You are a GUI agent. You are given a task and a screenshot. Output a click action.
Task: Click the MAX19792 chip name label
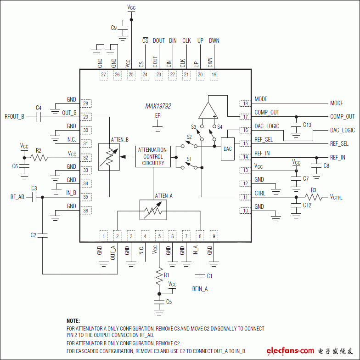click(x=158, y=106)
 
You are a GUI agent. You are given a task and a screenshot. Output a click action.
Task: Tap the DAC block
click(x=227, y=149)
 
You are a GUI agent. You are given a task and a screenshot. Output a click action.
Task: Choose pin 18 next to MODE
click(x=245, y=103)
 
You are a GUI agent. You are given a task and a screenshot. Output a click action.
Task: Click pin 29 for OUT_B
click(x=85, y=117)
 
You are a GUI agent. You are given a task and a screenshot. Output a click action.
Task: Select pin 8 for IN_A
click(x=200, y=236)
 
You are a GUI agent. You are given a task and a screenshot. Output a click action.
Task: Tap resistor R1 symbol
click(x=159, y=275)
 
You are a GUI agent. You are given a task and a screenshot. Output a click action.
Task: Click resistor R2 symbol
click(x=39, y=158)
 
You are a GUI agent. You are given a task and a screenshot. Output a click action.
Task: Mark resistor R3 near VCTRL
click(x=314, y=197)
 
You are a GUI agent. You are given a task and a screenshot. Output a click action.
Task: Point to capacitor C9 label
click(x=114, y=28)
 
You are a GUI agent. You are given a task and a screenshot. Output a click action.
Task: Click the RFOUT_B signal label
click(x=14, y=117)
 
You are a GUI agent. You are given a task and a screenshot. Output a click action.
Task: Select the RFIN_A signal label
click(x=200, y=289)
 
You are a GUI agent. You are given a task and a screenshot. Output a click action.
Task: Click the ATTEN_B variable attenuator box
click(x=109, y=157)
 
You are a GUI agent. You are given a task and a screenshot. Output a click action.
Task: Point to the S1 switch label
click(x=189, y=159)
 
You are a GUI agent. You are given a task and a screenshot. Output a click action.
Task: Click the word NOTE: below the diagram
click(x=73, y=320)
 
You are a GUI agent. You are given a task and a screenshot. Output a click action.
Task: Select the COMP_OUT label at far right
click(x=342, y=117)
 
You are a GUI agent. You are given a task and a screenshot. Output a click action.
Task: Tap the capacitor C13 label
click(x=307, y=125)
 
